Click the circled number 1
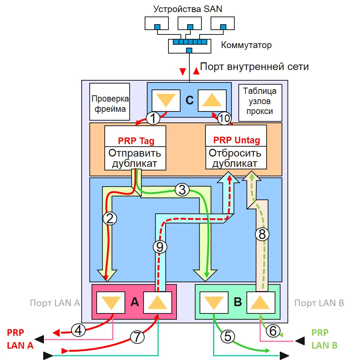click(153, 118)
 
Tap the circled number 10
click(225, 118)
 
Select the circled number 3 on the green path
click(182, 190)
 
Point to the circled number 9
click(159, 247)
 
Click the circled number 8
click(262, 234)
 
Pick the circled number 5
click(227, 336)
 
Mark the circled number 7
click(137, 335)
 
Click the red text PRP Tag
click(136, 141)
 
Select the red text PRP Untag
click(236, 140)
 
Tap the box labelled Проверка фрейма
click(110, 104)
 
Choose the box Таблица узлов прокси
click(260, 101)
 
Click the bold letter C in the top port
click(189, 100)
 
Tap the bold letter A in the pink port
click(134, 302)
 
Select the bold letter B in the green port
click(238, 302)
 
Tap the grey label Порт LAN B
click(319, 303)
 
